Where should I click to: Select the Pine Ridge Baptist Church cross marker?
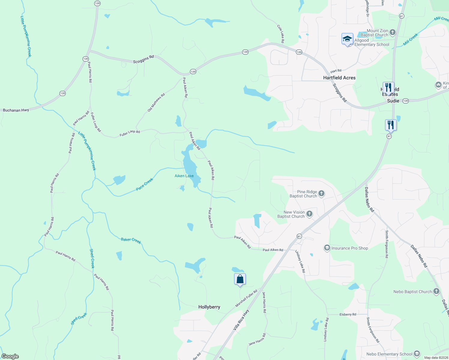point(321,193)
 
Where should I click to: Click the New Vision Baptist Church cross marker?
point(309,214)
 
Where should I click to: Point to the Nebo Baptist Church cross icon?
point(436,291)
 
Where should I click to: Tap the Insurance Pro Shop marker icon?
point(327,248)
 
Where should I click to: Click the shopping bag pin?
point(240,279)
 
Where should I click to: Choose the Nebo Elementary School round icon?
point(417,354)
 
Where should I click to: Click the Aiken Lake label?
point(184,176)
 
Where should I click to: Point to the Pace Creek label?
point(144,184)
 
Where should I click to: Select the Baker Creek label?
point(131,240)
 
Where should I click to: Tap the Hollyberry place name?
point(209,307)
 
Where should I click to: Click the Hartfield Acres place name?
point(339,78)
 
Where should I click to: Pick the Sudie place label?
point(393,101)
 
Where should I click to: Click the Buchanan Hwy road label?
point(16,110)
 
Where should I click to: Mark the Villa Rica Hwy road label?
point(241,320)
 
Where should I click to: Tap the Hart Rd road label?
point(336,71)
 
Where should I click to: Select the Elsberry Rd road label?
point(348,314)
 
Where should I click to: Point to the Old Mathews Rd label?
point(156,103)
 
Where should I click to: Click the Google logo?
point(10,356)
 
